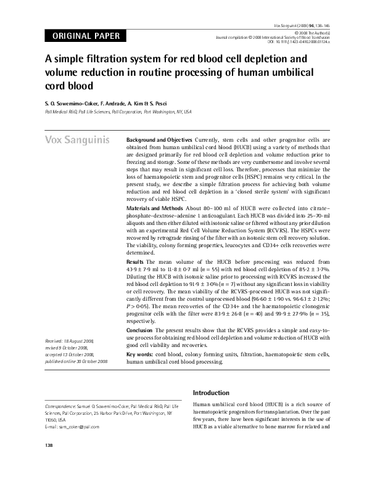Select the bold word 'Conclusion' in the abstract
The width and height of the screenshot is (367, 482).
140,330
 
